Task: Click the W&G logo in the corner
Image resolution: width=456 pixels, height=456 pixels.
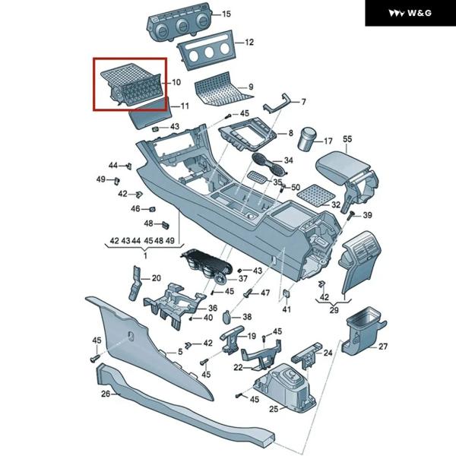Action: point(410,13)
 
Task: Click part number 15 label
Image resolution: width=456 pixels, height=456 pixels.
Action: point(226,14)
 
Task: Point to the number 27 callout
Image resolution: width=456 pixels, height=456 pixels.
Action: point(383,347)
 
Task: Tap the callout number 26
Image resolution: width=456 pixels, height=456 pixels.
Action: point(106,394)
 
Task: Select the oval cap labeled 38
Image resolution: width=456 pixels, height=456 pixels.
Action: point(229,316)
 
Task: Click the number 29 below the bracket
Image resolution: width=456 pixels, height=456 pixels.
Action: point(333,311)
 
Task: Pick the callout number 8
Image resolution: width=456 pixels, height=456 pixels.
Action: point(289,134)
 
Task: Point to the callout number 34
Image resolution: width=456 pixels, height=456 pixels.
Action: point(288,160)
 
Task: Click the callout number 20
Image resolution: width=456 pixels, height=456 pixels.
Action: point(157,278)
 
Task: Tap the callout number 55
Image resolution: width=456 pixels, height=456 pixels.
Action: point(348,139)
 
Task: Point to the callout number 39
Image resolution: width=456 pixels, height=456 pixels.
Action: point(367,216)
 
